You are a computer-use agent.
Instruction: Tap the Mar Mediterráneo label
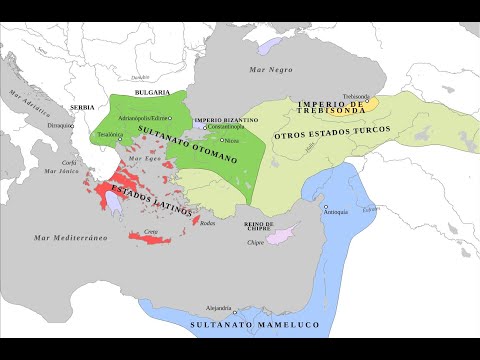click(72, 237)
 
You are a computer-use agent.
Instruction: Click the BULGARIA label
click(151, 91)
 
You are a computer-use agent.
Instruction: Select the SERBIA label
click(82, 107)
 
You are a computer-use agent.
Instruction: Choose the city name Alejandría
click(218, 308)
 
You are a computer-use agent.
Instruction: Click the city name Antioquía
click(338, 213)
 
